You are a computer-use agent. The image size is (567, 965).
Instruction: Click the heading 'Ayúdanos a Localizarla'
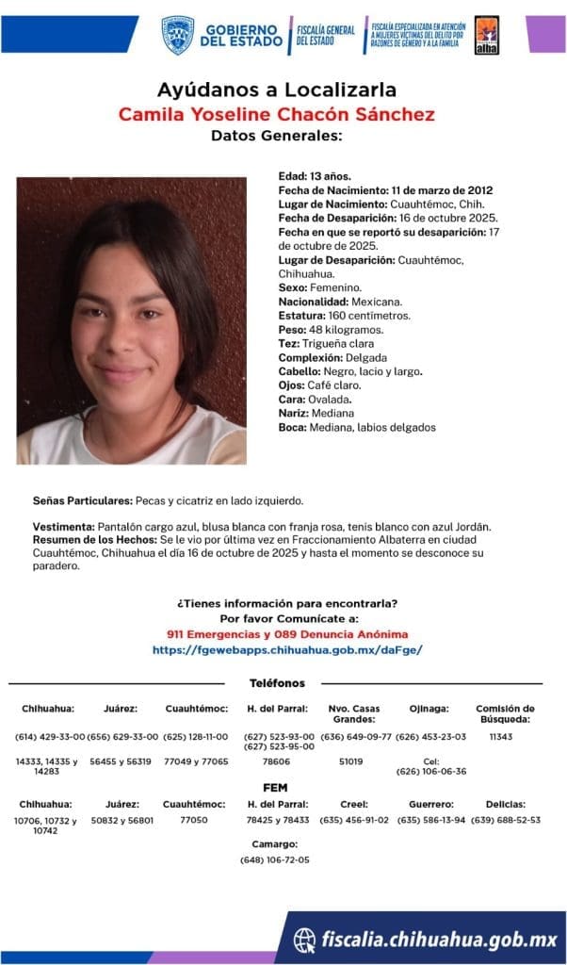276,90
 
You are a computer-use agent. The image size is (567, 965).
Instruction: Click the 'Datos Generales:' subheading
276,137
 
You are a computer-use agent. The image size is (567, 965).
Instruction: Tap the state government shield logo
177,34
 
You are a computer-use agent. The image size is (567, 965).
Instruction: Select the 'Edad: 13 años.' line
315,176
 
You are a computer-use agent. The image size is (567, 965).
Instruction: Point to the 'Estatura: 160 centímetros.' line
344,315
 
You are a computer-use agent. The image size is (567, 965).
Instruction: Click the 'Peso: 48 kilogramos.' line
332,329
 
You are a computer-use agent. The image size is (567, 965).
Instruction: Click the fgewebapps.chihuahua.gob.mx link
287,650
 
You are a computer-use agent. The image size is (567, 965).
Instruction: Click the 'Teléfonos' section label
277,682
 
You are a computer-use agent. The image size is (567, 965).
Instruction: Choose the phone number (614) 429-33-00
50,736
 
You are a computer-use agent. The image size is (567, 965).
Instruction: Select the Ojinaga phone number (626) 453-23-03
430,736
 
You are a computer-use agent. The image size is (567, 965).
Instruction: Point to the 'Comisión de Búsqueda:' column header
505,713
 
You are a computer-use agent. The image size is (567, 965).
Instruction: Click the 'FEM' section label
276,787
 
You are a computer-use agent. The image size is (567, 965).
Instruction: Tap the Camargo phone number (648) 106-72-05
274,859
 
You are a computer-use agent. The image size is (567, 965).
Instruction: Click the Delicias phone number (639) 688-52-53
506,819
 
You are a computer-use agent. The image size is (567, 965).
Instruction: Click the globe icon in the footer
304,940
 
